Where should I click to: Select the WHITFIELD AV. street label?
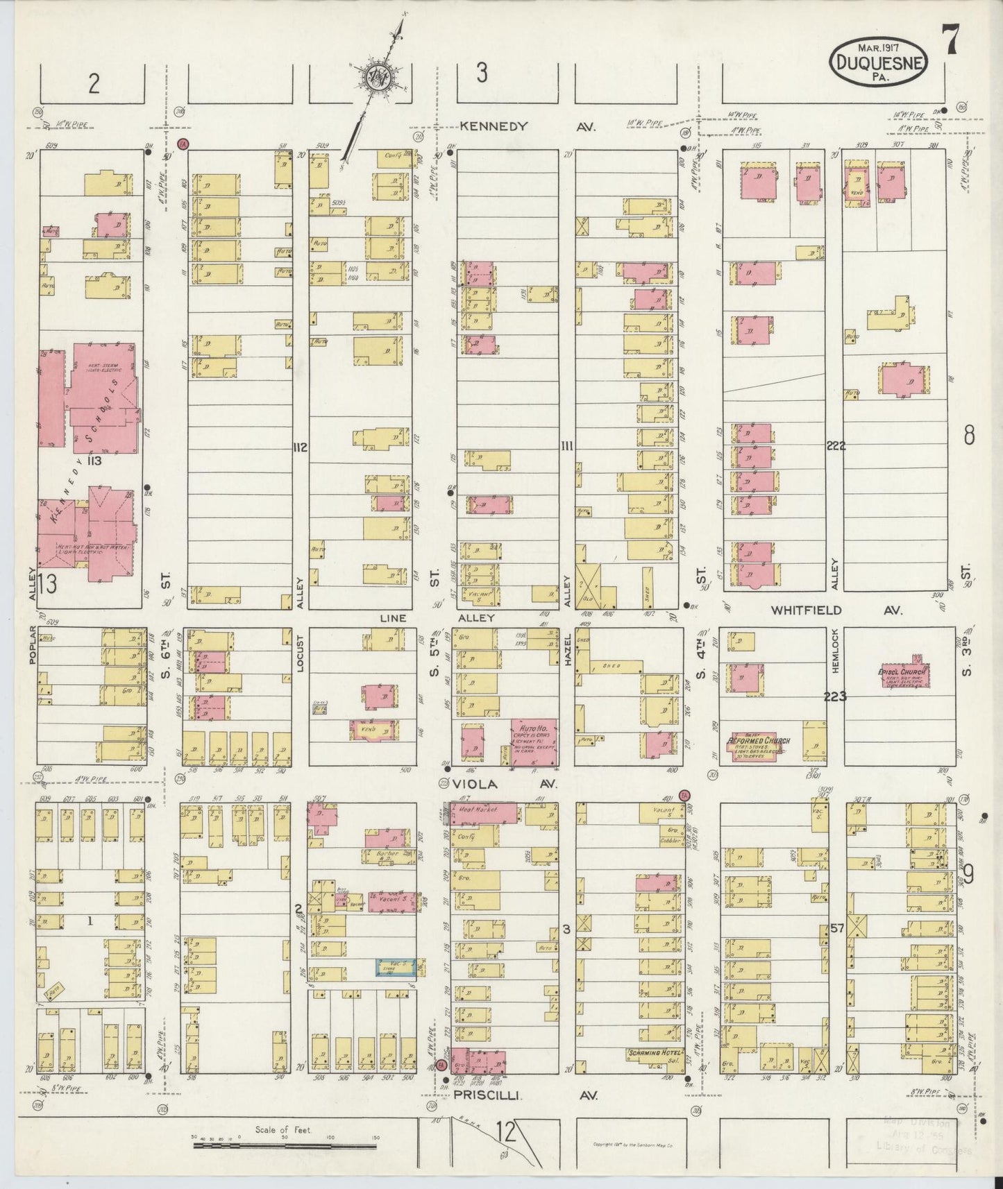836,610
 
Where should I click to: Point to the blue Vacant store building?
396,967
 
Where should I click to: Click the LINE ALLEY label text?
437,617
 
